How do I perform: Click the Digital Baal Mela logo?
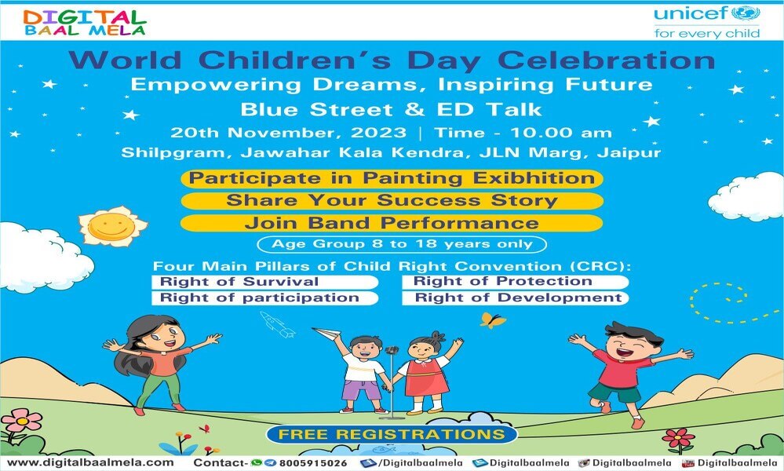coord(85,23)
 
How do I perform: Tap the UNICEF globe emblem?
coord(746,13)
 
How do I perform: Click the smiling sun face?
coord(112,227)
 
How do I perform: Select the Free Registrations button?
coord(392,434)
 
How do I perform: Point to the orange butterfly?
coord(493,320)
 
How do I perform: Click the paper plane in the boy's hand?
coord(326,333)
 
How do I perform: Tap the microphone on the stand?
coord(392,350)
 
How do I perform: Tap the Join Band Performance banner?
coord(392,223)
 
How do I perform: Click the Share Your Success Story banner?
coord(392,200)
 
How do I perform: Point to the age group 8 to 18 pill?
coord(402,244)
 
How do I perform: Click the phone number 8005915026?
coord(313,463)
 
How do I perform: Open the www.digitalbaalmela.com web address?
coord(90,462)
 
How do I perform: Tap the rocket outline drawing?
coord(278,324)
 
